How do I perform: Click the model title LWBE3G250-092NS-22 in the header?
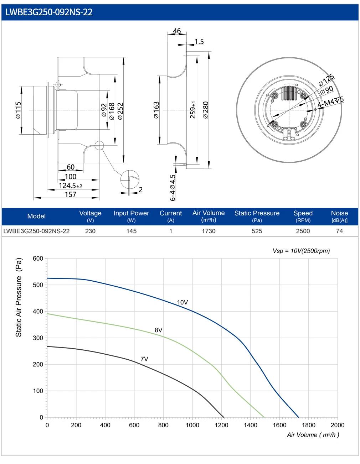pos(49,12)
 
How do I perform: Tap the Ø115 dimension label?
pos(19,110)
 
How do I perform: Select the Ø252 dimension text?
pos(120,111)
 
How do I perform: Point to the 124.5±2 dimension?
pos(71,186)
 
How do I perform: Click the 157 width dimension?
pos(71,194)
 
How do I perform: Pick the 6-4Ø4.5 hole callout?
pos(173,188)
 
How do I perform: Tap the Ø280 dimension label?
pos(206,110)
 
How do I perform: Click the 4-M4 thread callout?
pos(330,102)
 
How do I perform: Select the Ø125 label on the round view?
pos(326,80)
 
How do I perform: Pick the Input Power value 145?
pos(131,231)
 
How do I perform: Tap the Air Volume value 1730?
pos(209,231)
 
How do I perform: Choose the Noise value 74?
pos(339,231)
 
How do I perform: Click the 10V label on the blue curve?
pos(182,302)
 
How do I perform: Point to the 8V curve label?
pos(159,330)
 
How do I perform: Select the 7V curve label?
pos(144,359)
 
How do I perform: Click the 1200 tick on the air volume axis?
pos(221,425)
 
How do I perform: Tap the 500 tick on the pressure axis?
pos(38,285)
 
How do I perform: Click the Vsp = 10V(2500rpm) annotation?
pos(301,251)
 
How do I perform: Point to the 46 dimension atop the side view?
pos(177,31)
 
